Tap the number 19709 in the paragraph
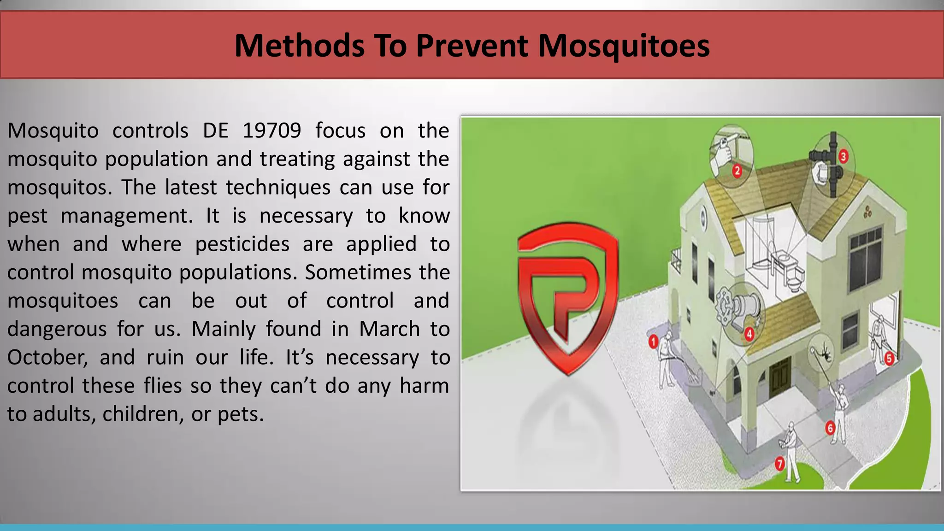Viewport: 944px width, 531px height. point(271,131)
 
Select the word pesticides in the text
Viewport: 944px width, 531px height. point(242,244)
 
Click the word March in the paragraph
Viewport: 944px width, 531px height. point(389,329)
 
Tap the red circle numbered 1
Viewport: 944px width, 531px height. point(653,342)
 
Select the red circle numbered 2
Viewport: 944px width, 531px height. point(737,171)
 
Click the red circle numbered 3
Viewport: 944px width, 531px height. point(843,157)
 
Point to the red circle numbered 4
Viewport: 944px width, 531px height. point(749,334)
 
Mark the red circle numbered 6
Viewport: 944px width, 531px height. point(830,428)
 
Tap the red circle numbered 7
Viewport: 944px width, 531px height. point(779,463)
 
